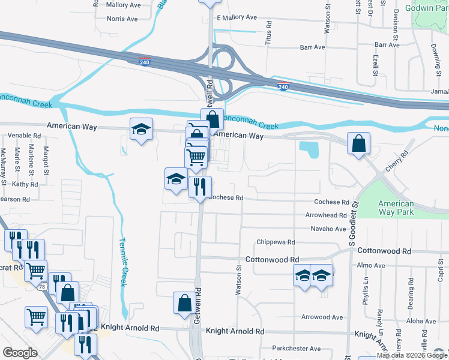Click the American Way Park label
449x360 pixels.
pyautogui.click(x=396, y=208)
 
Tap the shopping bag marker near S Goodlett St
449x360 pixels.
pyautogui.click(x=358, y=144)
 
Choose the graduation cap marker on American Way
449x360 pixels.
pyautogui.click(x=142, y=130)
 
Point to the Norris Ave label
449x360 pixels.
pyautogui.click(x=122, y=19)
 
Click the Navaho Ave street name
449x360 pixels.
pyautogui.click(x=328, y=229)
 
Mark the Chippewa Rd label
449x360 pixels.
pyautogui.click(x=276, y=242)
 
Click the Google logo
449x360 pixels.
pyautogui.click(x=20, y=353)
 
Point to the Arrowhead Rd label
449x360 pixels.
pyautogui.click(x=326, y=215)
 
